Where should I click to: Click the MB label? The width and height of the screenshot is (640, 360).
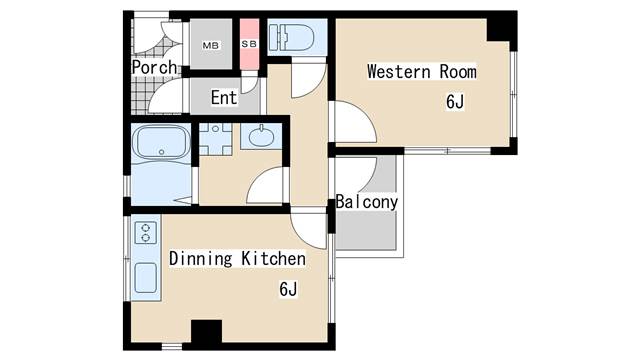[211, 46]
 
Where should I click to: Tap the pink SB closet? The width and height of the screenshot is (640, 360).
[249, 44]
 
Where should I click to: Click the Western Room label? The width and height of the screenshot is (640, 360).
[422, 72]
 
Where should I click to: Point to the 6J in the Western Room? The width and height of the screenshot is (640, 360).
[455, 102]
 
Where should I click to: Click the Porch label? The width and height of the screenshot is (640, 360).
[155, 67]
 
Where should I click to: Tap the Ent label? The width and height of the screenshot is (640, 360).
[224, 98]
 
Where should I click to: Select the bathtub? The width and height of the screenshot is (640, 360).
[162, 142]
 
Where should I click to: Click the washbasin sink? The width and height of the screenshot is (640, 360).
[261, 136]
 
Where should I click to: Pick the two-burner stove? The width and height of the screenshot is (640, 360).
[146, 232]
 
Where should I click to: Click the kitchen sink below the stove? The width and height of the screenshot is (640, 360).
[146, 278]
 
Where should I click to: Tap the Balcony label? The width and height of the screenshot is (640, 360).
[367, 202]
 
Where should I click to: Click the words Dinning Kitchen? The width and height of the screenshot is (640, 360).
[237, 258]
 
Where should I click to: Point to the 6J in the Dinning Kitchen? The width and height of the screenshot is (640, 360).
[288, 289]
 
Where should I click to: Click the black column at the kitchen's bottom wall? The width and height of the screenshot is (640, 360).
[207, 331]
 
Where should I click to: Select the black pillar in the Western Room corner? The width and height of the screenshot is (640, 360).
[502, 30]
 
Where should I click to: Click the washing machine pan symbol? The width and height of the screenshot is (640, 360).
[216, 139]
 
